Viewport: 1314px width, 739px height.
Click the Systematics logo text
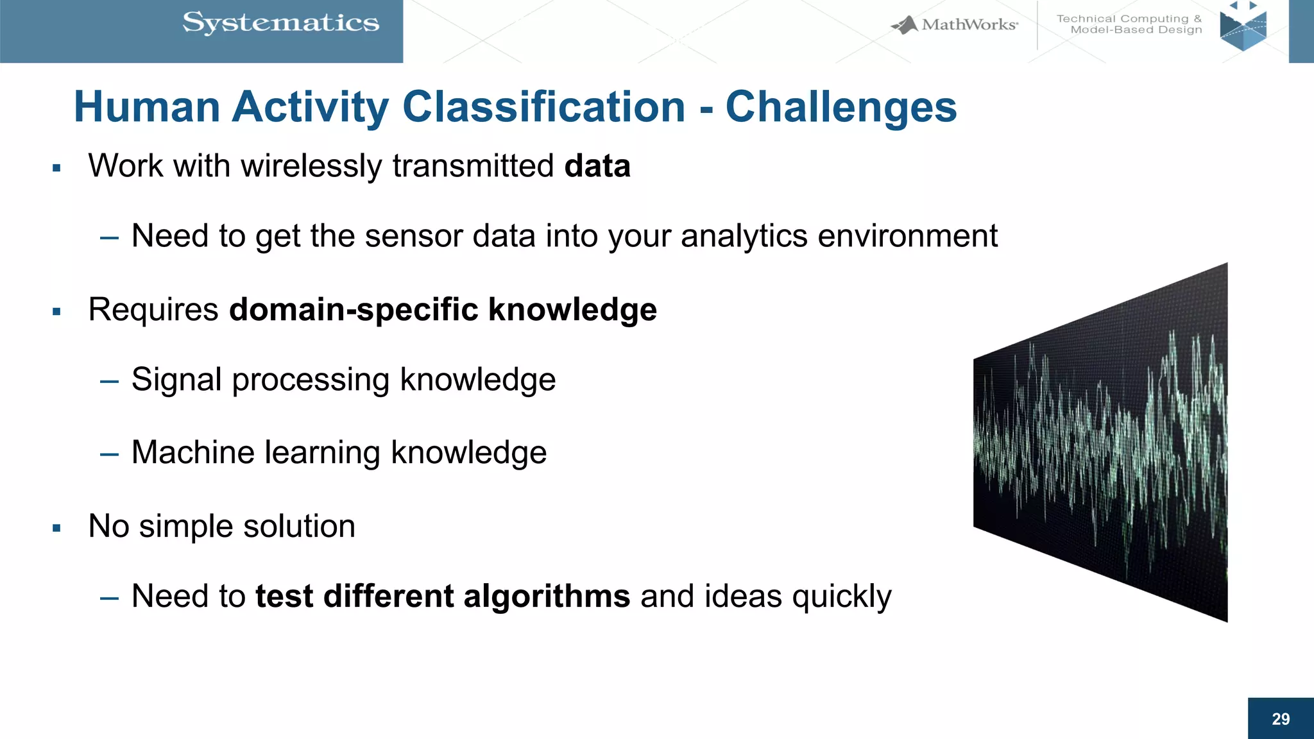click(x=280, y=23)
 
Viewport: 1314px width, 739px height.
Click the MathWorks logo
click(x=955, y=25)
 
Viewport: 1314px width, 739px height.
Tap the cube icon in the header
click(x=1243, y=29)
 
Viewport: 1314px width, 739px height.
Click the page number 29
click(x=1281, y=719)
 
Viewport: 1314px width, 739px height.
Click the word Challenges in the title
click(x=840, y=106)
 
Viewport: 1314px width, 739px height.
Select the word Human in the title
click(x=147, y=106)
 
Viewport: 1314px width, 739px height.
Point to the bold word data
click(x=597, y=166)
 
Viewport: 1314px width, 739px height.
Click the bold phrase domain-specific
click(x=354, y=310)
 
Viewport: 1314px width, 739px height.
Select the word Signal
click(x=176, y=380)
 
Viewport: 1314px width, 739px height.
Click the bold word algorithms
click(x=547, y=597)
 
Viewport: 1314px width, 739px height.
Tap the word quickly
click(x=842, y=597)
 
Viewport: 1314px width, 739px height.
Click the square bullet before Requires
click(x=56, y=312)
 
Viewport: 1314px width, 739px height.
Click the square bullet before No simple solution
click(x=56, y=529)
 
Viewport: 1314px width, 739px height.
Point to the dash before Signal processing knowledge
click(x=109, y=382)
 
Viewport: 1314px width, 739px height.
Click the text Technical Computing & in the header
click(x=1129, y=19)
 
